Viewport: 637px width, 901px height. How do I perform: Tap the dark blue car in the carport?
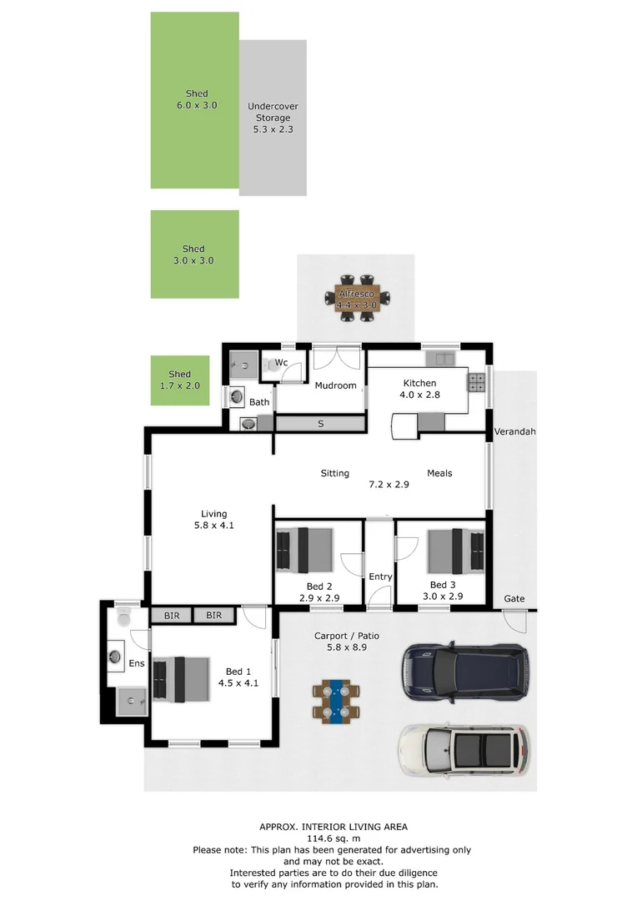click(464, 671)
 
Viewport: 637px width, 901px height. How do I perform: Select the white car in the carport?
click(463, 748)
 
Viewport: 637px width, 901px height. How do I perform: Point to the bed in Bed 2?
click(304, 550)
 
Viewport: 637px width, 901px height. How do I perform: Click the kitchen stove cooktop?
click(477, 382)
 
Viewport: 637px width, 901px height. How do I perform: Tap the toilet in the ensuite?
click(124, 618)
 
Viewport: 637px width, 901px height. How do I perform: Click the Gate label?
click(514, 599)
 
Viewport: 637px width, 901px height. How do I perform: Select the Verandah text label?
click(514, 432)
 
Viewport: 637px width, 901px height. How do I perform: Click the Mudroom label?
click(335, 385)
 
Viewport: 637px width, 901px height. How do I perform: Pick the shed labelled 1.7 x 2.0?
click(179, 380)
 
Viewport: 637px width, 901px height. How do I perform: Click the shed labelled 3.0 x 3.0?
click(194, 254)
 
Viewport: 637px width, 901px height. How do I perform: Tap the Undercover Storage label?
click(273, 118)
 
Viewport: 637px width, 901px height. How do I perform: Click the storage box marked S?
click(320, 424)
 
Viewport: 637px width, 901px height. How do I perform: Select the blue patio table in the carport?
click(338, 701)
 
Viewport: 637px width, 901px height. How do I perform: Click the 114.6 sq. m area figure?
click(333, 838)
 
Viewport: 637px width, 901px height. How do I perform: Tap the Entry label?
click(380, 576)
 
